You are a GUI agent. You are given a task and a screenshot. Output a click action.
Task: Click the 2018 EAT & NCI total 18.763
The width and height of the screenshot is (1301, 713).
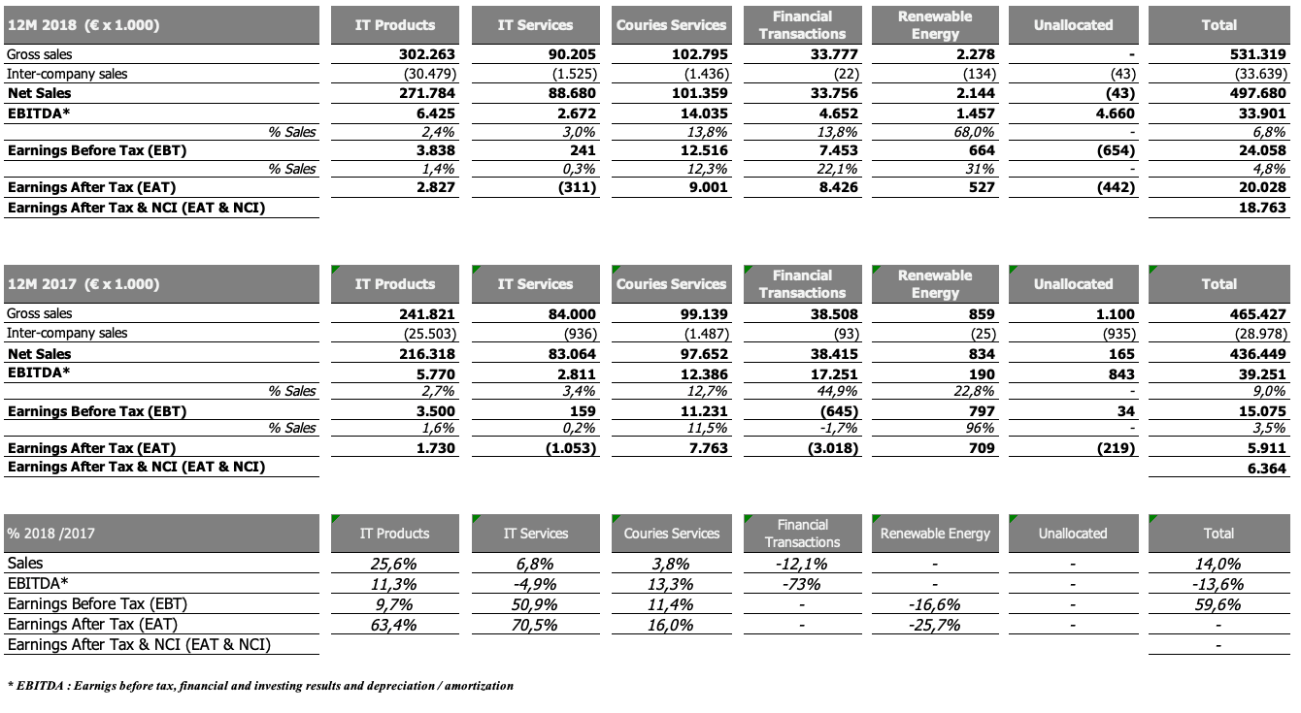1260,208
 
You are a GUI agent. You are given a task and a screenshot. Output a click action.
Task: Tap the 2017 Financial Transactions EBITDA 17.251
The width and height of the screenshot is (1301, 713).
824,373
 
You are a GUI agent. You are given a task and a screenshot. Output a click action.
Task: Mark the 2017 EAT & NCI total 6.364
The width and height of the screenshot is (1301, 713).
1265,468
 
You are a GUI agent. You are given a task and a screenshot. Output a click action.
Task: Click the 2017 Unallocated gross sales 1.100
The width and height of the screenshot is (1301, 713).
1116,314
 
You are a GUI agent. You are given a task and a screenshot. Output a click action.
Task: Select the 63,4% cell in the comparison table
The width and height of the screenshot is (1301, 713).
394,625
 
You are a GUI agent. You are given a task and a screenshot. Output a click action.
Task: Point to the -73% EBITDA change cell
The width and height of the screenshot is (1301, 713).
801,584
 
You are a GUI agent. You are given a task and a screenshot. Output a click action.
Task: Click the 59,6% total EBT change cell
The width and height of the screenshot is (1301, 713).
1218,604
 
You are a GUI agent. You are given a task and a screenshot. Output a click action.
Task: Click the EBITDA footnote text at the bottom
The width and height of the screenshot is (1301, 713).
259,686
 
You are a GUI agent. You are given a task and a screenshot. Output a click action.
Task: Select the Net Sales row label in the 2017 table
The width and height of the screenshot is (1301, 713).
40,353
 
